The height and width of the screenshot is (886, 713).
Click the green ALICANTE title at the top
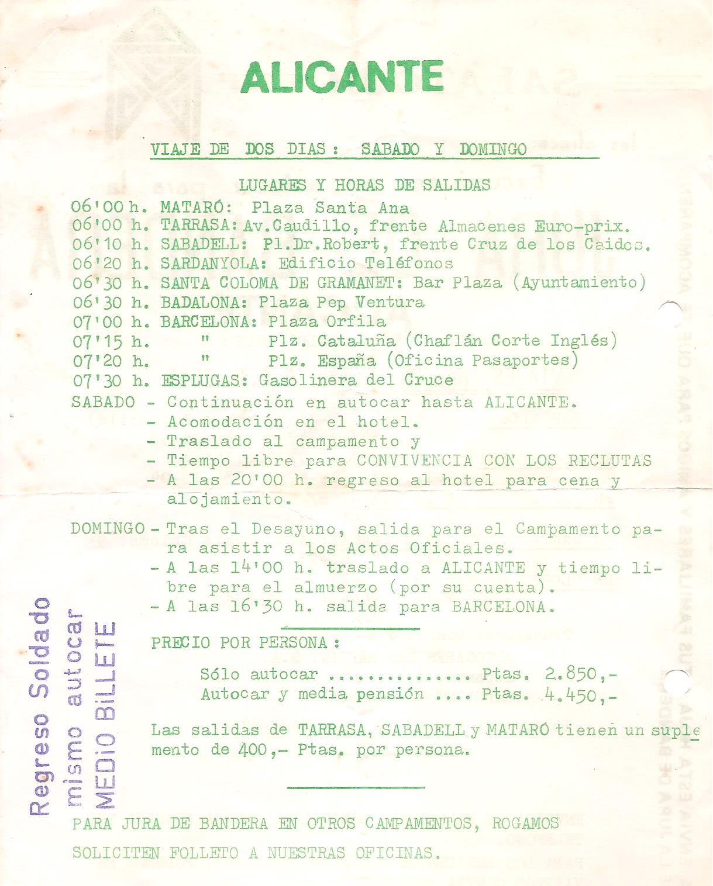342,77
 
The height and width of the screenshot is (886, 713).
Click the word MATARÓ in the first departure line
196,207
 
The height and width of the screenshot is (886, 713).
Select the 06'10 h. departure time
109,244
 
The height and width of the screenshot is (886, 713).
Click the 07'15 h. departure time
109,341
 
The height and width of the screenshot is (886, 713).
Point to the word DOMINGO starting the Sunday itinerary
108,529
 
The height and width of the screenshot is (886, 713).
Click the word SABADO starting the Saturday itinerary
103,402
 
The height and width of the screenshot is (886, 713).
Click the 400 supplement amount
252,750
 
